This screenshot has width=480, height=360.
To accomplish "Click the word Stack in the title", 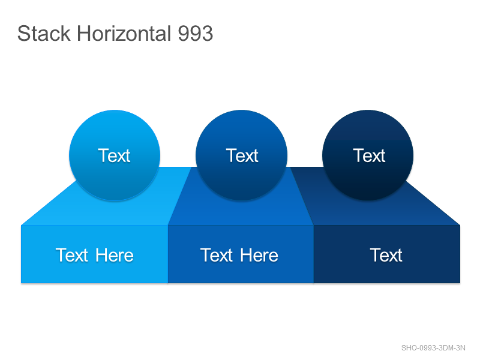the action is point(44,34).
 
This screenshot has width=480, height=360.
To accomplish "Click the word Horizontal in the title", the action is point(124,34).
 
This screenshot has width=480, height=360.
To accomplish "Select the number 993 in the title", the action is point(196,34).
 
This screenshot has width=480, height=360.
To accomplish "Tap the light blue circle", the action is point(115,155).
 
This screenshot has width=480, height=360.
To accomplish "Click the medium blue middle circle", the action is point(242,155).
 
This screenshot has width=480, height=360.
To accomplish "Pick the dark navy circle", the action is point(368,155).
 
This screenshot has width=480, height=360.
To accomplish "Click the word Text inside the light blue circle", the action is point(114,155).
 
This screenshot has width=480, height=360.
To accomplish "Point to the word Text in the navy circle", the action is point(369,155).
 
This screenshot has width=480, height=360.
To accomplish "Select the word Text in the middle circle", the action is point(242,155).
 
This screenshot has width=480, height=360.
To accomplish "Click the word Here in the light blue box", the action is point(115,255).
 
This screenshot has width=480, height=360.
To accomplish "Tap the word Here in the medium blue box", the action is point(259,255).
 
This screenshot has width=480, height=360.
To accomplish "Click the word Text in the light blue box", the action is point(72,255).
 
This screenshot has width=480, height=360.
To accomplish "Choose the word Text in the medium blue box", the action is point(217,255).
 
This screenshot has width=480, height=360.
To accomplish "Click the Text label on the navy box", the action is point(386,255).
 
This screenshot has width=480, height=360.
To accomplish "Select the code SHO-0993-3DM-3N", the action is point(433,348).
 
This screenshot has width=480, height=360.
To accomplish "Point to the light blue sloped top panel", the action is point(122,211).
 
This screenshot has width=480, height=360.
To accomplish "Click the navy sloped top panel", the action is point(367,211).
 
